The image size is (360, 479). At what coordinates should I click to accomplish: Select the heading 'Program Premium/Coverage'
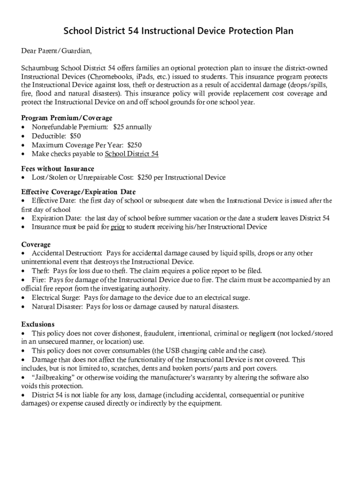[x=67, y=118]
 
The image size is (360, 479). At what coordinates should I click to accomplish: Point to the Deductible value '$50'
[x=75, y=136]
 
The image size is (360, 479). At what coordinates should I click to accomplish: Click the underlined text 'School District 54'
[x=132, y=153]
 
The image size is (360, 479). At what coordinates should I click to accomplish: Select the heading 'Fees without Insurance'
[x=58, y=168]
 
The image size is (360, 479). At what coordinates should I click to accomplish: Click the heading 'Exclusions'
[x=38, y=324]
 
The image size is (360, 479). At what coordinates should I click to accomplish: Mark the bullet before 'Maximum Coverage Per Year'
[x=24, y=145]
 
